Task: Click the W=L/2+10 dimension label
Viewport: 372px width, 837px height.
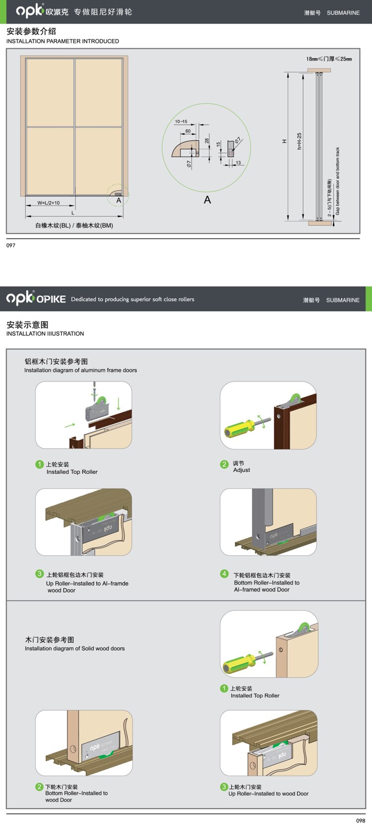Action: click(x=49, y=203)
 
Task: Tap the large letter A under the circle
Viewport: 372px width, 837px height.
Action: click(x=207, y=200)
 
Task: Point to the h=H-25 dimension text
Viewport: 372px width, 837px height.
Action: click(x=300, y=141)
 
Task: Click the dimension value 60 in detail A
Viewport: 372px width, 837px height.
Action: click(x=188, y=131)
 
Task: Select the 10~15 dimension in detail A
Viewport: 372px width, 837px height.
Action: click(x=181, y=121)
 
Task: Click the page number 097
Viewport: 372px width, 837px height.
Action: click(x=11, y=245)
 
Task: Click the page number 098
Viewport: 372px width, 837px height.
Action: click(x=361, y=821)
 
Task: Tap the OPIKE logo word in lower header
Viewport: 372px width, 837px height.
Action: click(x=51, y=299)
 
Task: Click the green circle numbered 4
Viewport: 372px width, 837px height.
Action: click(x=224, y=574)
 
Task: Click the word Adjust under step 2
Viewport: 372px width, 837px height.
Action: click(x=242, y=470)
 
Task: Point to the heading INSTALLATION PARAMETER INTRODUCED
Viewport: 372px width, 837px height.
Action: click(x=62, y=41)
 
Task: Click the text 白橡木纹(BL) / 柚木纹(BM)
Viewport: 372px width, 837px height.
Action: click(x=74, y=225)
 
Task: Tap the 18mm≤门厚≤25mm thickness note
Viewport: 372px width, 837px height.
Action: click(x=329, y=59)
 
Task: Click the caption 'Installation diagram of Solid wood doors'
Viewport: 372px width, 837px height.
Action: click(x=75, y=648)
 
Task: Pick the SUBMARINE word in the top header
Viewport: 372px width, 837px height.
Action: click(x=343, y=13)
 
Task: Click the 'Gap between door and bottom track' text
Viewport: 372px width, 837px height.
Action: click(x=338, y=181)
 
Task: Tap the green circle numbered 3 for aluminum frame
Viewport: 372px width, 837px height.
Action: click(x=40, y=574)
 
